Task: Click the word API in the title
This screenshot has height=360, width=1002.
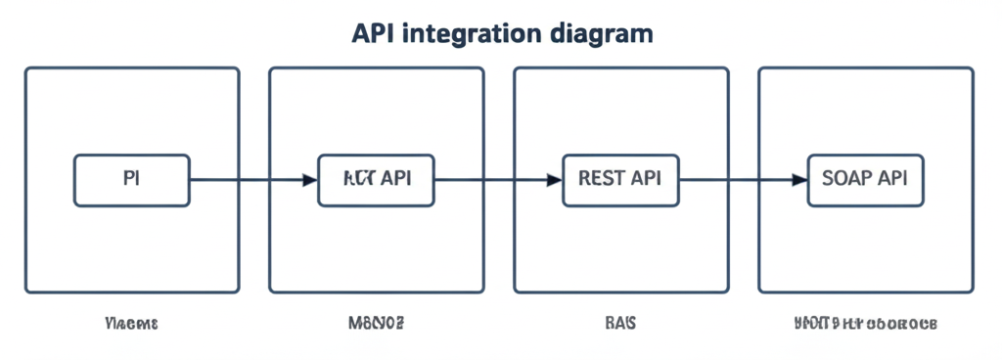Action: [x=372, y=33]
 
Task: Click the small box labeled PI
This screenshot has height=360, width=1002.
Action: [x=132, y=180]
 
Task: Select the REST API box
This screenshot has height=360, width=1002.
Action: [x=620, y=180]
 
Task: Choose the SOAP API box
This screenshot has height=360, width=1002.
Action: [x=865, y=180]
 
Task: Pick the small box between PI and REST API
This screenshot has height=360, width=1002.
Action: [x=377, y=180]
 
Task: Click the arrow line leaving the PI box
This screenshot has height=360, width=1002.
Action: [x=245, y=180]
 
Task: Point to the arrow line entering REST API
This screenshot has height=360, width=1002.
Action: [x=489, y=180]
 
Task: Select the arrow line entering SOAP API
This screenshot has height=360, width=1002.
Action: [x=734, y=180]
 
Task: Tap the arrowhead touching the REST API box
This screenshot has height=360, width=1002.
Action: [x=554, y=180]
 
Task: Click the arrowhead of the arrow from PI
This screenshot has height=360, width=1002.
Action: [x=309, y=180]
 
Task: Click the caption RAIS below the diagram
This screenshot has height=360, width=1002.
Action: [x=620, y=323]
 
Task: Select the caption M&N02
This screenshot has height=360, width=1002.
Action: [x=377, y=323]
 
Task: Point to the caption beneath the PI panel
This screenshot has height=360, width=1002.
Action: [x=131, y=323]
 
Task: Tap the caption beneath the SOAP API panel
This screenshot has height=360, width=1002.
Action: [x=865, y=323]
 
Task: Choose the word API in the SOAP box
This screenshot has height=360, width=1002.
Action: [x=891, y=179]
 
